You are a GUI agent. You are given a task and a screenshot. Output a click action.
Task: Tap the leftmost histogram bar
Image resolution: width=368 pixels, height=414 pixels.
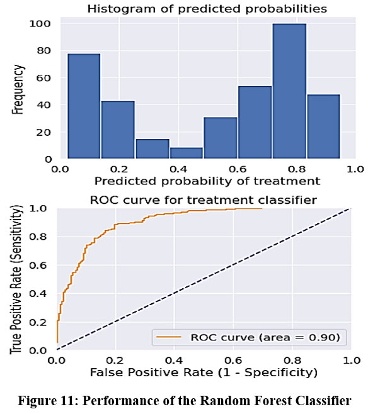tap(84, 106)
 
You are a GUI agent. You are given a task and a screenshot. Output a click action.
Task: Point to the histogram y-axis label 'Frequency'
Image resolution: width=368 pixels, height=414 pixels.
tap(19, 91)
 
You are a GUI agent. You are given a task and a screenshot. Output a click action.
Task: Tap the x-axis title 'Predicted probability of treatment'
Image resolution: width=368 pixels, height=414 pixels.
tap(204, 181)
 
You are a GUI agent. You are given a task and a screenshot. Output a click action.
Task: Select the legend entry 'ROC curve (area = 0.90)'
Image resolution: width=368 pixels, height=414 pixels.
tap(265, 338)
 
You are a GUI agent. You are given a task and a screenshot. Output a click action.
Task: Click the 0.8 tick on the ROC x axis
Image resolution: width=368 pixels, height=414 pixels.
tap(291, 361)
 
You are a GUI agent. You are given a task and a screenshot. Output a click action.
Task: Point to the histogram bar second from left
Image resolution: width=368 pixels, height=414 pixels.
tap(118, 130)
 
